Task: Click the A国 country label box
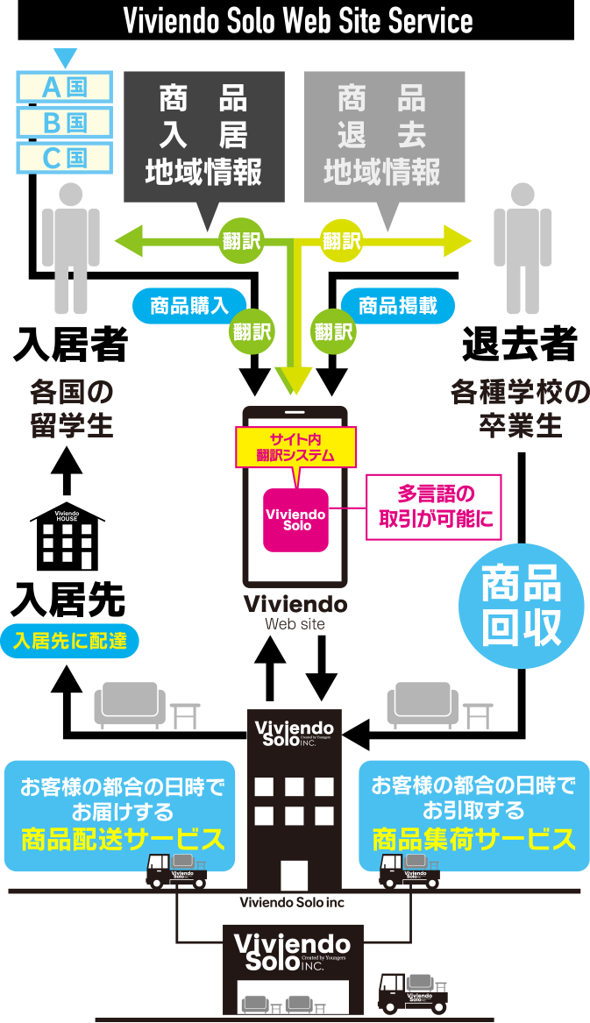pos(65,87)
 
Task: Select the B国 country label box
pos(65,122)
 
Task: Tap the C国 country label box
pos(65,158)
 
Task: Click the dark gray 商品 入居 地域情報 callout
pos(204,136)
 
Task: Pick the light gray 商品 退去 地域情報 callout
pos(383,136)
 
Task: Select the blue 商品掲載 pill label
pos(399,305)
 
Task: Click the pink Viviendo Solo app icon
pos(295,520)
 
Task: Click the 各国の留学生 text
pos(72,408)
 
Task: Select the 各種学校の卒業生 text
pos(520,408)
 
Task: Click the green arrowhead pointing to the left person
pos(128,240)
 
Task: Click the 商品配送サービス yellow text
pos(123,840)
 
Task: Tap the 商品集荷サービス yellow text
pos(474,840)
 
